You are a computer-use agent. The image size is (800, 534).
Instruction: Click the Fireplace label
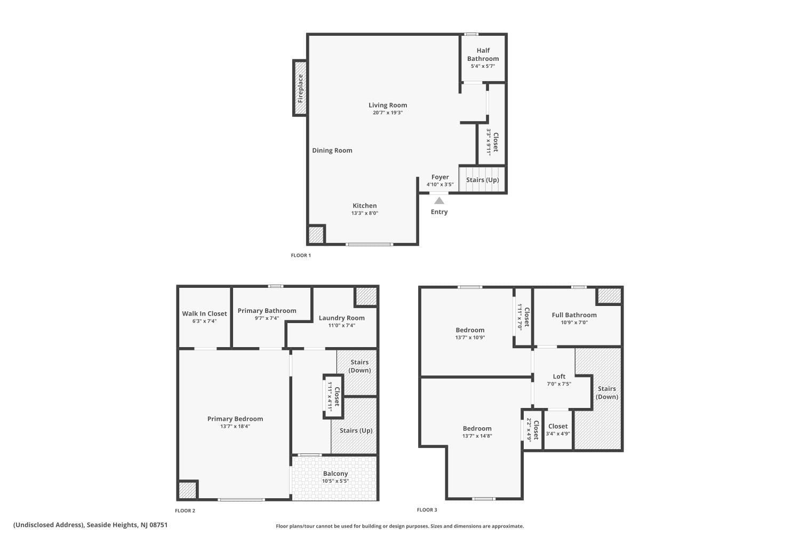300,88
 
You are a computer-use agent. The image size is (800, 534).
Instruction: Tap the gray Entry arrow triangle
439,201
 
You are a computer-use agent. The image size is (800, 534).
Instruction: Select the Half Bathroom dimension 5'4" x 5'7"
483,66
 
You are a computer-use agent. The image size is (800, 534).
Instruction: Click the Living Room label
388,105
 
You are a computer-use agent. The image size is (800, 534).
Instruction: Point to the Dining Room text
332,151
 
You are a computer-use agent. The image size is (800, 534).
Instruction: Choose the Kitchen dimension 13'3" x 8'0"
365,213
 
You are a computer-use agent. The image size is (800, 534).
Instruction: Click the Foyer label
440,177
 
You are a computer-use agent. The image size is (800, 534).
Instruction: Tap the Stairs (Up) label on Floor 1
483,179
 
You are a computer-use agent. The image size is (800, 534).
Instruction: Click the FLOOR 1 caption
301,255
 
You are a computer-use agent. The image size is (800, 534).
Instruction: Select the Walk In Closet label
204,313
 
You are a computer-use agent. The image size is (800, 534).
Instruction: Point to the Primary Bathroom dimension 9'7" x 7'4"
267,318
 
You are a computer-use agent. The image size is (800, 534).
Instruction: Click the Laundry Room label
342,318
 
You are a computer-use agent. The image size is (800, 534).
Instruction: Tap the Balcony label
335,474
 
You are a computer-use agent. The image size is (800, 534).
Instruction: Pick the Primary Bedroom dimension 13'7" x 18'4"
235,426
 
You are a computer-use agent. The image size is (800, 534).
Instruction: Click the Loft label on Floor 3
559,376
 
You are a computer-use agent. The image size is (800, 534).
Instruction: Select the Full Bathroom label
574,315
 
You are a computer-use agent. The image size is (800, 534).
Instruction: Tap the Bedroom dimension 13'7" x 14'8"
477,436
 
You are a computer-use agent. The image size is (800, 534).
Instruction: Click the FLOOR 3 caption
427,510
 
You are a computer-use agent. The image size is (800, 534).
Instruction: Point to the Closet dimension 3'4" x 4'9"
558,434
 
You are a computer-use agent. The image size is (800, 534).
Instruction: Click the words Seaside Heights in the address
112,525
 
